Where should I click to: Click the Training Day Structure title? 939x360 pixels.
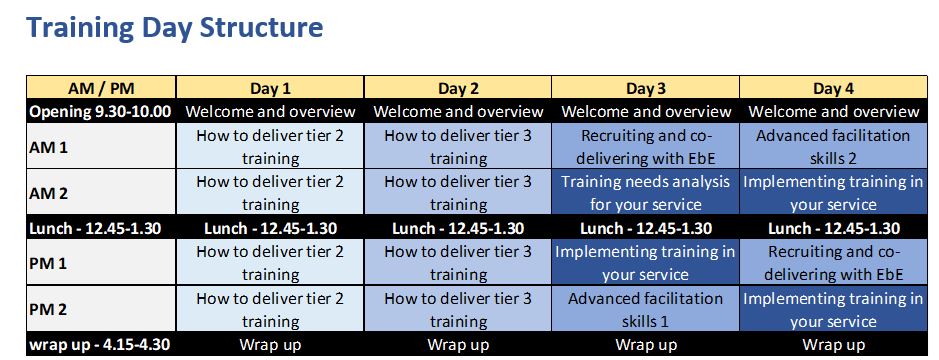click(175, 28)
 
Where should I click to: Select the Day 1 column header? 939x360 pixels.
click(270, 87)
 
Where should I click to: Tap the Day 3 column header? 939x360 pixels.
click(646, 87)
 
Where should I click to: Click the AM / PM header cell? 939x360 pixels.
click(101, 87)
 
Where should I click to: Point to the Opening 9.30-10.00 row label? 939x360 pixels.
click(101, 111)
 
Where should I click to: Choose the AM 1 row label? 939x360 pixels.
click(101, 146)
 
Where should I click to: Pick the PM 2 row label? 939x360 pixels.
click(101, 309)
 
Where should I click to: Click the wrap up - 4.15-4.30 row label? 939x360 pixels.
click(101, 344)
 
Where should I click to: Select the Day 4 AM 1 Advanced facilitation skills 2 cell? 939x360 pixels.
click(833, 146)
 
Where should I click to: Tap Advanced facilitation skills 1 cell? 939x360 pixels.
click(646, 309)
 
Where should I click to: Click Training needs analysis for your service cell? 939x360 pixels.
click(646, 192)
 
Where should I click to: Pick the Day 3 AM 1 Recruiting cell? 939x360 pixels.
click(646, 146)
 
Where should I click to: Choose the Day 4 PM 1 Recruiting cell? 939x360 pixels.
click(833, 262)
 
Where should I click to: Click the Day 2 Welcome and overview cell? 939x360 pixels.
click(458, 111)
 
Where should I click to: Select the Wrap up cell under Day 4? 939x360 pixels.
click(833, 344)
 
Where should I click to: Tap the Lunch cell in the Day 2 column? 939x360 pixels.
click(458, 228)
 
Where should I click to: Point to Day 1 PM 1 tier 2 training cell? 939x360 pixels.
click(270, 262)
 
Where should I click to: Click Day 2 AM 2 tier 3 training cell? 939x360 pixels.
click(458, 192)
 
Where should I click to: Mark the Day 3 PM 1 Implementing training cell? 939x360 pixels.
click(646, 262)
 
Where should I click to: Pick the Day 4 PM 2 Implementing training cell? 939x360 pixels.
click(833, 309)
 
